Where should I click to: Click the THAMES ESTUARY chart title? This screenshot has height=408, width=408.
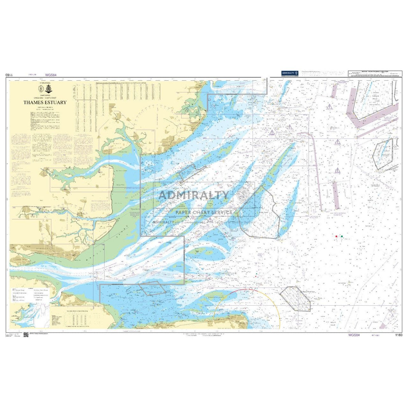pos(45,102)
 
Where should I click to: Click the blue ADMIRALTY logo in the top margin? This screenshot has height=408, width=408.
pos(290,73)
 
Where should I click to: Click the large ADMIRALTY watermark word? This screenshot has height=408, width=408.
pos(194,195)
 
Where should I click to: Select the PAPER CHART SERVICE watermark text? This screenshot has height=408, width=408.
pos(204,213)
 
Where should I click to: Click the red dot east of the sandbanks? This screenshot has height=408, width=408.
pos(336,236)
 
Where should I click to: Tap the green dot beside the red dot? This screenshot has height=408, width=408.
pos(342,236)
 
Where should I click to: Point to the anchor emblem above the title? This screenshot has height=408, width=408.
pos(48,89)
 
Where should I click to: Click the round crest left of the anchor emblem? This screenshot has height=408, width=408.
pos(41,89)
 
